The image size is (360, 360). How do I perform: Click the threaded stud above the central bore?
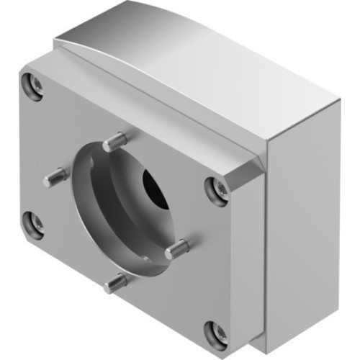116,140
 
